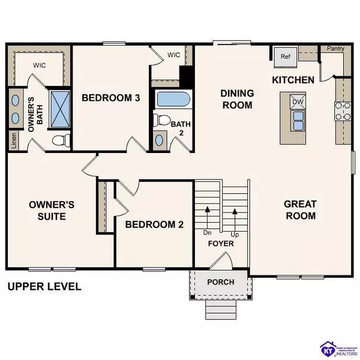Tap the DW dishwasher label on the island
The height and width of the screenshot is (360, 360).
297,103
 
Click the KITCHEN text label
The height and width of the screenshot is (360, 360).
293,80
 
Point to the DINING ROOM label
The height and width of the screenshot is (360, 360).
238,99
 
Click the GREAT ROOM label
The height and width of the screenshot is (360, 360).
300,210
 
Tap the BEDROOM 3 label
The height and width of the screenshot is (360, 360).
111,98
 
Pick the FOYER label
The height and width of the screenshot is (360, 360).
221,244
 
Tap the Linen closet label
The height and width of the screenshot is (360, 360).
13,140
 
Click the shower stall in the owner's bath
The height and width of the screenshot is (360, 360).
59,107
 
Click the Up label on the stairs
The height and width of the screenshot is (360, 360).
236,234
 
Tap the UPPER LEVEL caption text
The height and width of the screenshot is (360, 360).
44,286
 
